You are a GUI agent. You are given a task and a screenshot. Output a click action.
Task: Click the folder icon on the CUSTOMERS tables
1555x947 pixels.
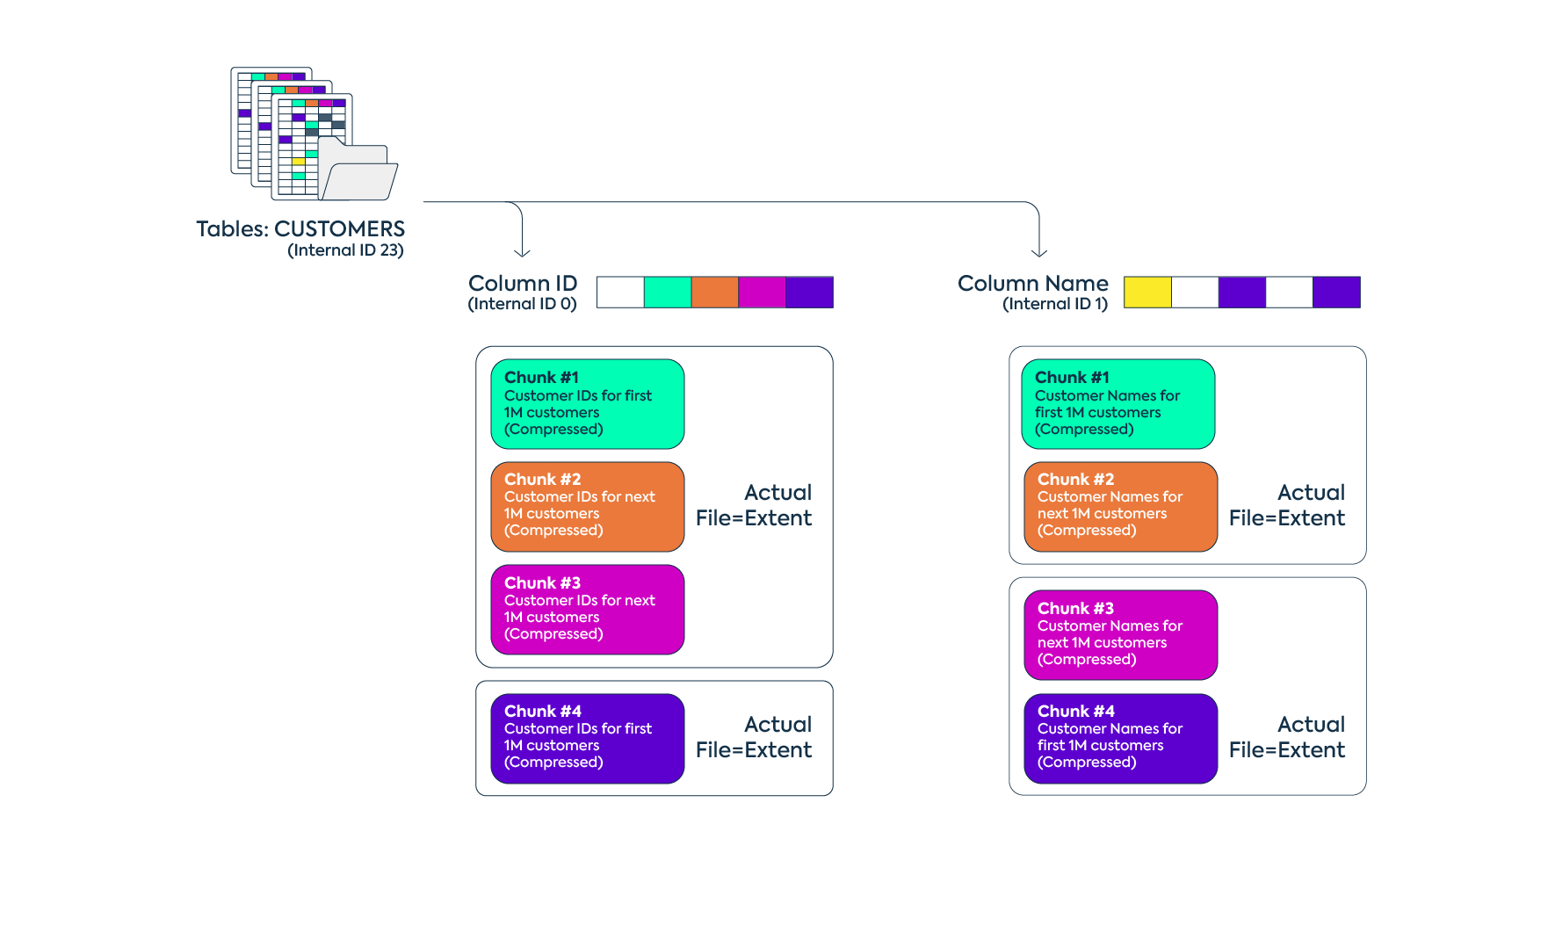tap(358, 171)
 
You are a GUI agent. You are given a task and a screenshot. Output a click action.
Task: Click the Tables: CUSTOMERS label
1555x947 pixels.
tap(300, 229)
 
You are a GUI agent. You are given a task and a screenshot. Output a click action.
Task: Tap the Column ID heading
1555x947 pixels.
tap(523, 284)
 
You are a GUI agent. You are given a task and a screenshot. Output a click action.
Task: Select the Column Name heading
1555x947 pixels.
tap(1032, 284)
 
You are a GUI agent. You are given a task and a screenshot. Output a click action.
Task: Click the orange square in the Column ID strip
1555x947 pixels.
tap(714, 293)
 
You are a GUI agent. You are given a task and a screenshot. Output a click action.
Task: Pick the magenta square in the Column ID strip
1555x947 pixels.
tap(762, 293)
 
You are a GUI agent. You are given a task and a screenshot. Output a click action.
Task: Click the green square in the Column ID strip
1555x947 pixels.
tap(667, 293)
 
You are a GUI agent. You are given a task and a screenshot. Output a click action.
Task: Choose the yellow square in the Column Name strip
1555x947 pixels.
tap(1147, 293)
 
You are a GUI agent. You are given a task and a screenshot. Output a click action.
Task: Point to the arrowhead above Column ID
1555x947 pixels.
tap(523, 253)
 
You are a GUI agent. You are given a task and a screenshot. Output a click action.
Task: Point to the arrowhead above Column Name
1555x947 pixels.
tap(1039, 253)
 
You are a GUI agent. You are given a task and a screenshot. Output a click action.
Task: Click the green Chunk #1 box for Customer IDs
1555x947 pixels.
tap(587, 404)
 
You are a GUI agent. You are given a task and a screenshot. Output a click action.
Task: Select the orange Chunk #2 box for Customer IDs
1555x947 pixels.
tap(587, 507)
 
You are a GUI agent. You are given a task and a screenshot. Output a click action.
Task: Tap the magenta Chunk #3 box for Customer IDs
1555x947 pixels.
tap(587, 610)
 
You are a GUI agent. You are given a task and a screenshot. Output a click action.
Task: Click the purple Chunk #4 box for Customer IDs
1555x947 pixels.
tap(587, 739)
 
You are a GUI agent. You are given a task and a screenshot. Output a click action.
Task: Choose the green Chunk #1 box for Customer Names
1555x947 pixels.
tap(1117, 404)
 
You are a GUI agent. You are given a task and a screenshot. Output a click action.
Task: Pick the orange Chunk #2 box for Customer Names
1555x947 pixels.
tap(1120, 507)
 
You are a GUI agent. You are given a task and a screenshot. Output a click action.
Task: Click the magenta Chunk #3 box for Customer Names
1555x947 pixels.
tap(1120, 635)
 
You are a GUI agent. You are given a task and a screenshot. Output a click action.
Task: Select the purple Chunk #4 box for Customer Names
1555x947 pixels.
tap(1120, 739)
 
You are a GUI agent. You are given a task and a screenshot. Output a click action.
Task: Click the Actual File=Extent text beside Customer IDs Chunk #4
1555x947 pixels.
tap(754, 737)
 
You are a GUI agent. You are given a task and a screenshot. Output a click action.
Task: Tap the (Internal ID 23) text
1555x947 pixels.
tap(345, 251)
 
